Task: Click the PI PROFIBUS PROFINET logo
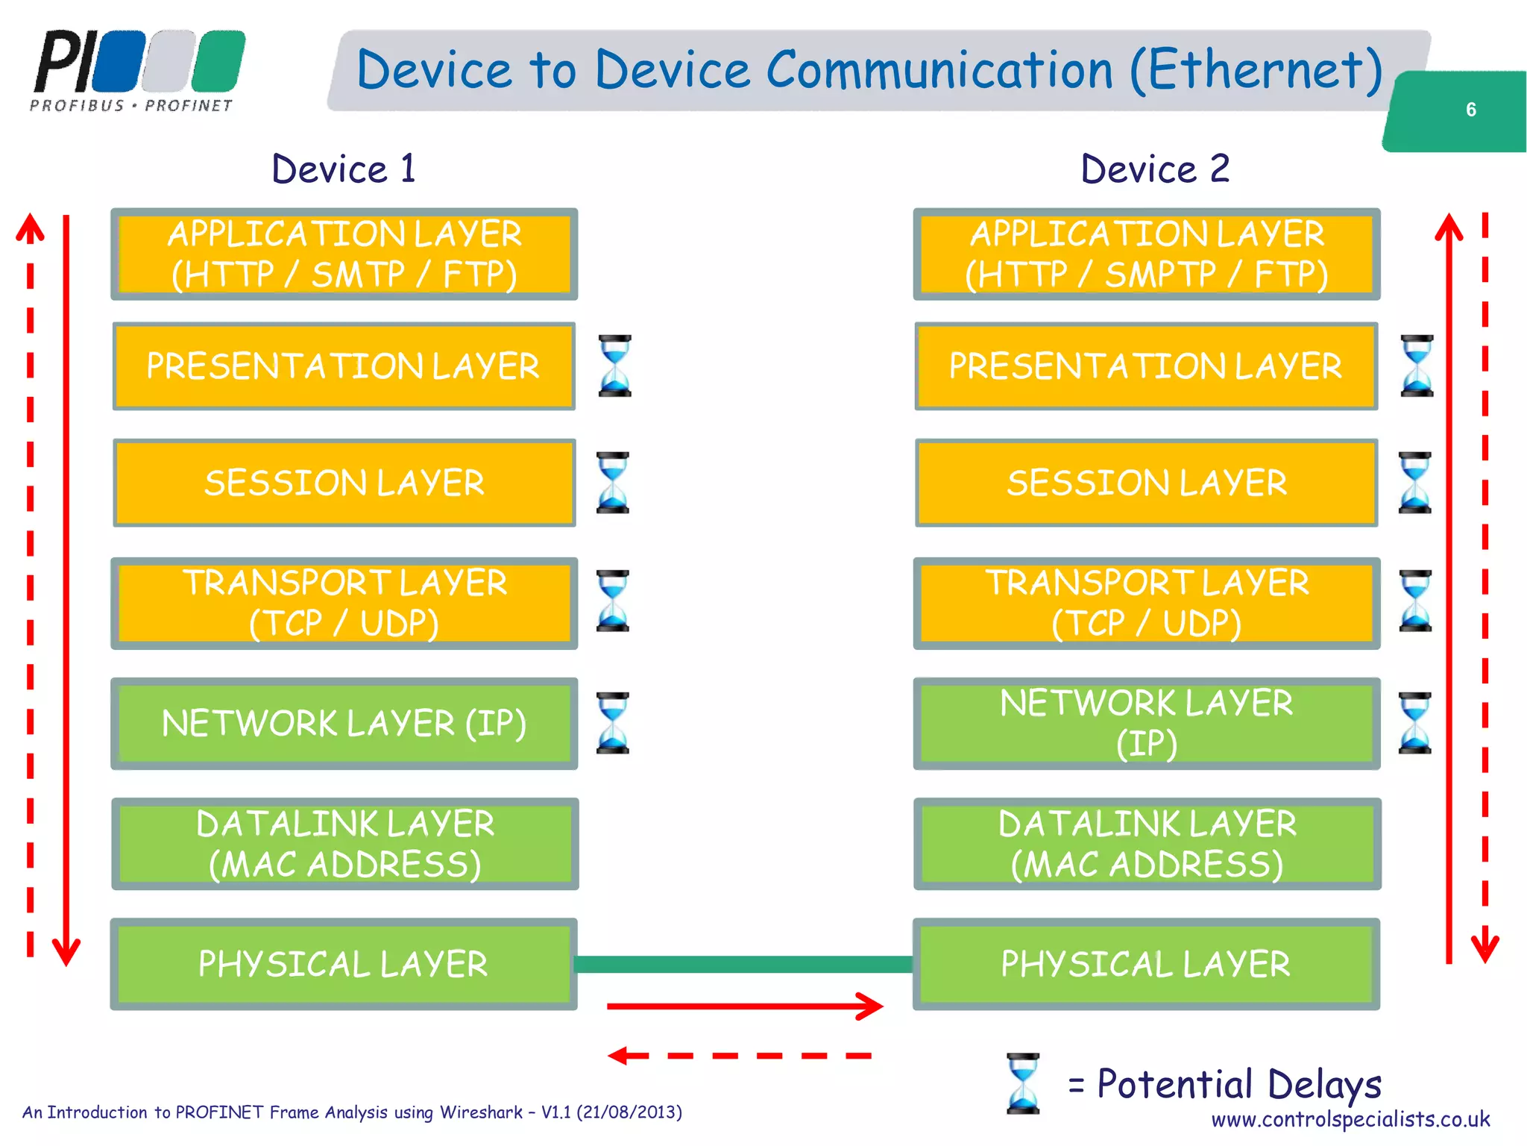pyautogui.click(x=138, y=71)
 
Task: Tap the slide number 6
pyautogui.click(x=1470, y=110)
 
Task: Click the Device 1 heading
pyautogui.click(x=343, y=169)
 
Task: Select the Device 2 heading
pyautogui.click(x=1155, y=169)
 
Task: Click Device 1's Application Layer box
pyautogui.click(x=344, y=254)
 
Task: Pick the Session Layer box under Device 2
pyautogui.click(x=1146, y=483)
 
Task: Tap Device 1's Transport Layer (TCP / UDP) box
pyautogui.click(x=344, y=603)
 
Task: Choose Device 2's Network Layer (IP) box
pyautogui.click(x=1146, y=723)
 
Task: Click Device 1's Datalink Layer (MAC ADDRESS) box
pyautogui.click(x=344, y=844)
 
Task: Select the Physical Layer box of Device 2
pyautogui.click(x=1146, y=964)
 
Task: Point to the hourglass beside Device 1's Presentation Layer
pyautogui.click(x=615, y=366)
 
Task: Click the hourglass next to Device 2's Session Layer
pyautogui.click(x=1415, y=483)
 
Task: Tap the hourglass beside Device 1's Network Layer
pyautogui.click(x=613, y=723)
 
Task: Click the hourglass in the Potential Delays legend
pyautogui.click(x=1023, y=1083)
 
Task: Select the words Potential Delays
pyautogui.click(x=1238, y=1083)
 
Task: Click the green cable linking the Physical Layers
pyautogui.click(x=744, y=964)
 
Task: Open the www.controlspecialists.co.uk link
pyautogui.click(x=1350, y=1119)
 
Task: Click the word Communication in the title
pyautogui.click(x=939, y=70)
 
